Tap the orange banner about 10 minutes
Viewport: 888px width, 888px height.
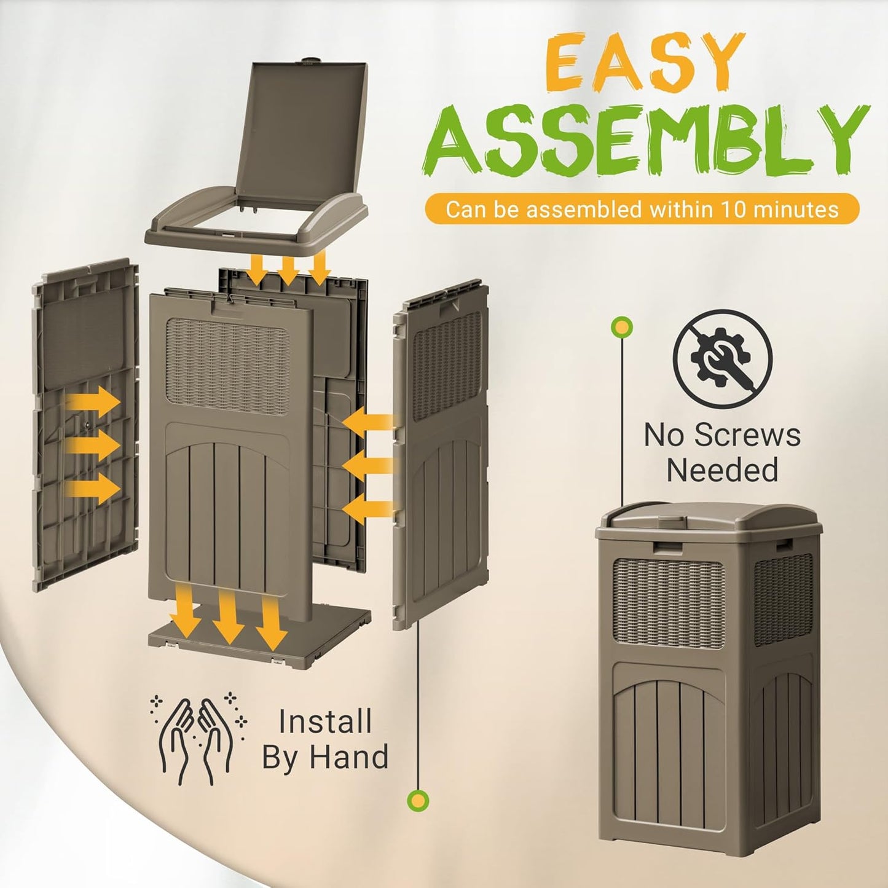(x=642, y=210)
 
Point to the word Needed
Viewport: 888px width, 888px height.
(x=722, y=471)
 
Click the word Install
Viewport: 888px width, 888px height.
(x=325, y=721)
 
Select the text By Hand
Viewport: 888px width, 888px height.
(x=325, y=757)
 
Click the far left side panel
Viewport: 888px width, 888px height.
(x=85, y=424)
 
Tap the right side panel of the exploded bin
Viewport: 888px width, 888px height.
(x=440, y=455)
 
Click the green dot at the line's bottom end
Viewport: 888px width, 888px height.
(x=418, y=800)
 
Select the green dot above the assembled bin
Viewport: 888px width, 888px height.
(x=622, y=326)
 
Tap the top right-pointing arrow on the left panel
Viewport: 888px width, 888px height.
(x=93, y=403)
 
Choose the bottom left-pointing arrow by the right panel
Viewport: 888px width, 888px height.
(x=367, y=508)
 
